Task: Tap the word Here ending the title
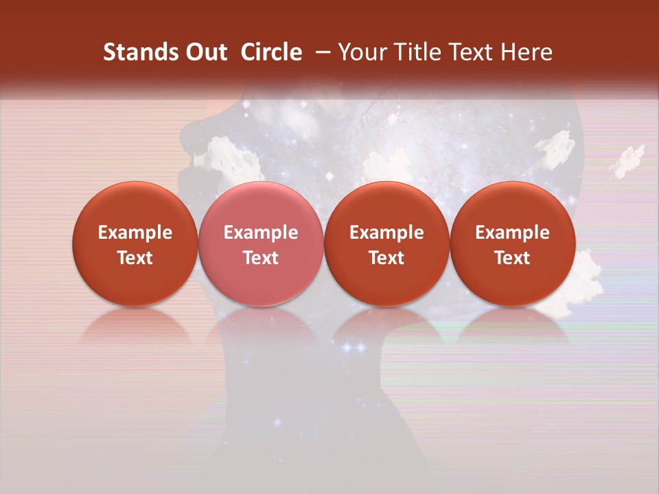point(527,53)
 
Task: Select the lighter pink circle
point(260,243)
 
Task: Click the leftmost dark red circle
point(135,243)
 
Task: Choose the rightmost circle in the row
point(512,243)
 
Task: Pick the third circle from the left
point(386,243)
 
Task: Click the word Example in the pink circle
point(261,233)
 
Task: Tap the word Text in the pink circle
point(261,258)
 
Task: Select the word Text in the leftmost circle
point(135,258)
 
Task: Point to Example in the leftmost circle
point(135,233)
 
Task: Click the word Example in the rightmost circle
point(513,233)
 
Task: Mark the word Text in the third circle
point(386,258)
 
